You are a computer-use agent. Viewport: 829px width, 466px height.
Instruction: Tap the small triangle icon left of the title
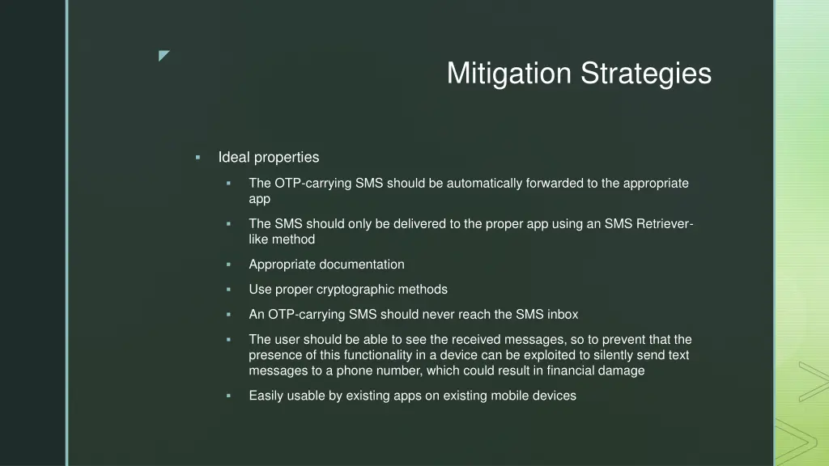(x=164, y=56)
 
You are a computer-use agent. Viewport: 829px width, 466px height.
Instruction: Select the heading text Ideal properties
(x=269, y=157)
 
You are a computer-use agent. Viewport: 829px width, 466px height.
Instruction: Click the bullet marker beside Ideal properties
(x=198, y=157)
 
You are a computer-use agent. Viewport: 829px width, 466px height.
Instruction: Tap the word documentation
(x=362, y=265)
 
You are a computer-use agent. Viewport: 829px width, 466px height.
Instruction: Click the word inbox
(x=563, y=315)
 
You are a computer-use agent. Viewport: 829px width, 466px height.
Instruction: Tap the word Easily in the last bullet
(x=266, y=396)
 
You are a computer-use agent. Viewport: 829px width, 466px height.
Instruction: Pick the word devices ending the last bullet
(x=555, y=396)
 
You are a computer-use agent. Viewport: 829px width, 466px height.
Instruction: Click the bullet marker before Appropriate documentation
(x=228, y=265)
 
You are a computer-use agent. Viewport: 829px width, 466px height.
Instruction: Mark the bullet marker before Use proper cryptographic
(x=228, y=290)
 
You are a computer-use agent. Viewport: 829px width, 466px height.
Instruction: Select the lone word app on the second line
(x=260, y=199)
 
